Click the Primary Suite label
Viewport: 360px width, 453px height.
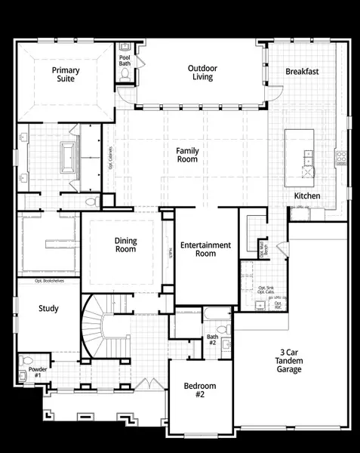pyautogui.click(x=66, y=75)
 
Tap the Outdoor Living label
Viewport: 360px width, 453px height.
pyautogui.click(x=202, y=72)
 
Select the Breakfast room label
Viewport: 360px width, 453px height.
pyautogui.click(x=302, y=72)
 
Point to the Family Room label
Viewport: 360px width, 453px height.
pyautogui.click(x=187, y=155)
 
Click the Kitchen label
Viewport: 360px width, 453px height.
pyautogui.click(x=307, y=196)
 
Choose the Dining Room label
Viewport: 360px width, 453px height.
pyautogui.click(x=125, y=245)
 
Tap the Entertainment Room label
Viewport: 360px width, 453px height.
pyautogui.click(x=205, y=249)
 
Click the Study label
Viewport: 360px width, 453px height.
pyautogui.click(x=48, y=309)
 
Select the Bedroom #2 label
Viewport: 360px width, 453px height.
pyautogui.click(x=200, y=390)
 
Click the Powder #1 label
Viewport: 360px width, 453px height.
pyautogui.click(x=37, y=373)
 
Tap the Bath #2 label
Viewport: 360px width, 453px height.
pyautogui.click(x=212, y=341)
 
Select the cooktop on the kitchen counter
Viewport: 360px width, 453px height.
pyautogui.click(x=341, y=158)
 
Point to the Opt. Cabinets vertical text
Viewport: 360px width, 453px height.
pyautogui.click(x=111, y=159)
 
